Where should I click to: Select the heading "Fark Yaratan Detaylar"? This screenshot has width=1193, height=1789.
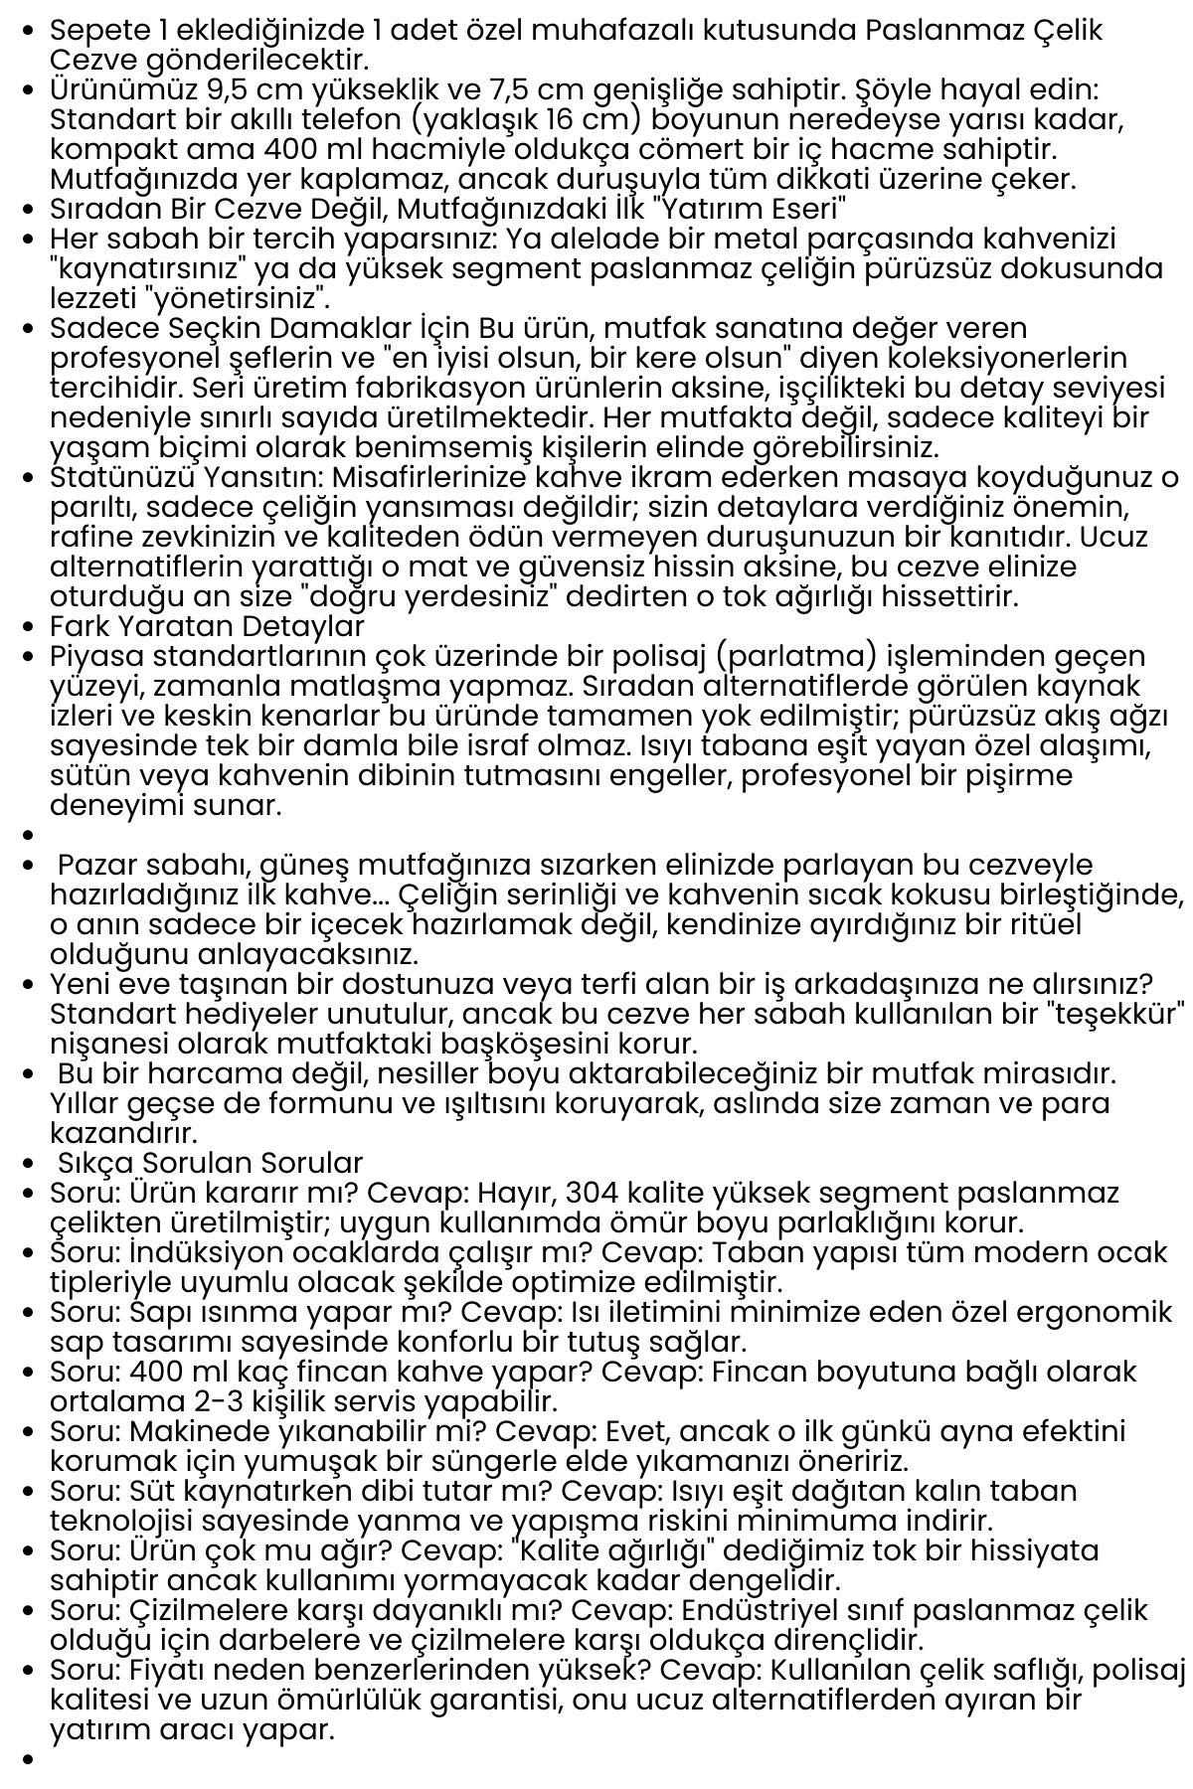coord(207,627)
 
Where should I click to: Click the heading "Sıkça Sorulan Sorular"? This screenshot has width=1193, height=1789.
coord(210,1164)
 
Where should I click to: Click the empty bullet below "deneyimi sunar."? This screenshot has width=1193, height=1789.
coord(27,836)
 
